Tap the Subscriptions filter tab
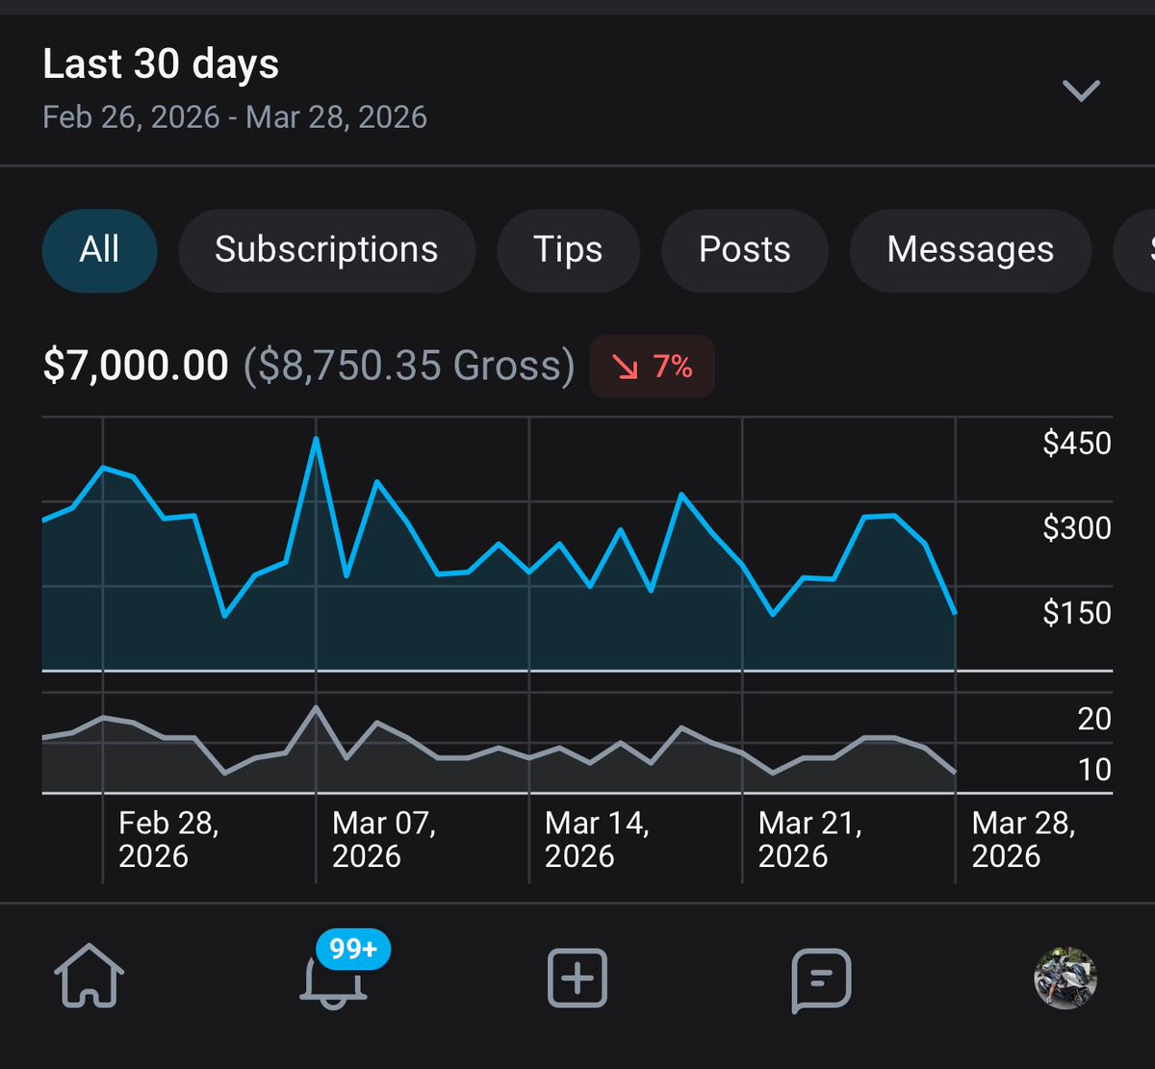(x=326, y=250)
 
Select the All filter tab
(x=99, y=250)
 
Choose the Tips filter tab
(x=568, y=250)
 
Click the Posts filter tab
(x=744, y=250)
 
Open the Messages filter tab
(x=970, y=250)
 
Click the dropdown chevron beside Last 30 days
(x=1080, y=90)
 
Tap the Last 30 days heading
(x=161, y=64)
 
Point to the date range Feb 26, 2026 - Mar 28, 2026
(x=235, y=117)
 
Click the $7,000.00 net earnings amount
(x=136, y=366)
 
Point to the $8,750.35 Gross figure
(x=409, y=366)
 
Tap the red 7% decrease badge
(x=653, y=367)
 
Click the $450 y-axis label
(x=1076, y=444)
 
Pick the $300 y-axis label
(x=1076, y=528)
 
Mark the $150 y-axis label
(x=1076, y=613)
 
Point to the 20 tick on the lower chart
(x=1093, y=719)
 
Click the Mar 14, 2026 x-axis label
(x=597, y=840)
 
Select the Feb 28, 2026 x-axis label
(x=168, y=840)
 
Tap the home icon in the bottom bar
(x=90, y=978)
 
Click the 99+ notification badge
(x=352, y=950)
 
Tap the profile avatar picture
(x=1065, y=978)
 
